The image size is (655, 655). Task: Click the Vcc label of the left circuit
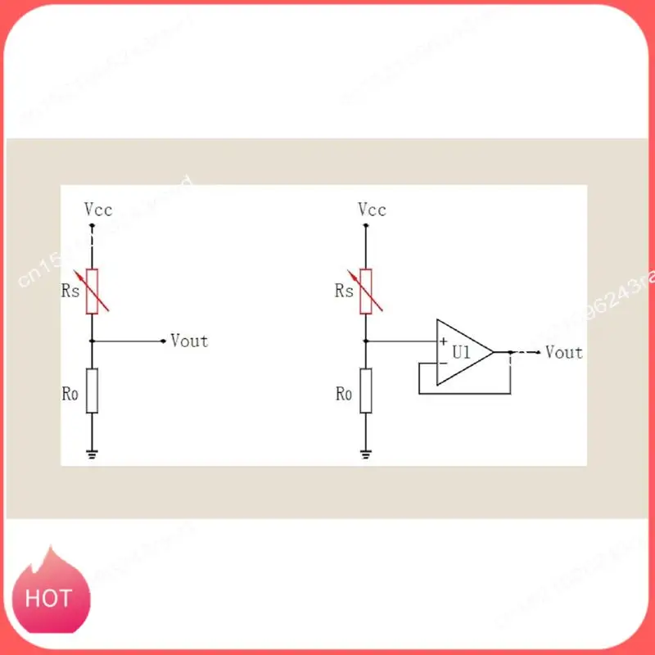[98, 210]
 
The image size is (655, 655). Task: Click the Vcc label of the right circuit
[372, 210]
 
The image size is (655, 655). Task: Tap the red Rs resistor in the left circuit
[93, 291]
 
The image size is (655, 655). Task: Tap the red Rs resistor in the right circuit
[366, 291]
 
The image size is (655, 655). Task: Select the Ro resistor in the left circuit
[93, 391]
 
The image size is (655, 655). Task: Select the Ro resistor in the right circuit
[366, 391]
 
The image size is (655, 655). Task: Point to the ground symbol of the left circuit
[93, 453]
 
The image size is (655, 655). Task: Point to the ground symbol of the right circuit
[366, 453]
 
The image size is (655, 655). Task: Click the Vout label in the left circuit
[189, 341]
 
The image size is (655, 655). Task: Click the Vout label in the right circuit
[563, 352]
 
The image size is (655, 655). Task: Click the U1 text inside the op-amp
[462, 352]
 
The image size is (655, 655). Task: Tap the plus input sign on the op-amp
[443, 341]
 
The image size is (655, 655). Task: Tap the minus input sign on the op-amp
[443, 364]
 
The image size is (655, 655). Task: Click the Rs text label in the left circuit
[70, 291]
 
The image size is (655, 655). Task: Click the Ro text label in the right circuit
[344, 394]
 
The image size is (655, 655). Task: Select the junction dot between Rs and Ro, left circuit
[93, 341]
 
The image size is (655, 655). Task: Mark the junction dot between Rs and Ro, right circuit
[366, 341]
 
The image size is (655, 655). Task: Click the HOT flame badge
[48, 597]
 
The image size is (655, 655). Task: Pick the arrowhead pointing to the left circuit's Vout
[163, 341]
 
